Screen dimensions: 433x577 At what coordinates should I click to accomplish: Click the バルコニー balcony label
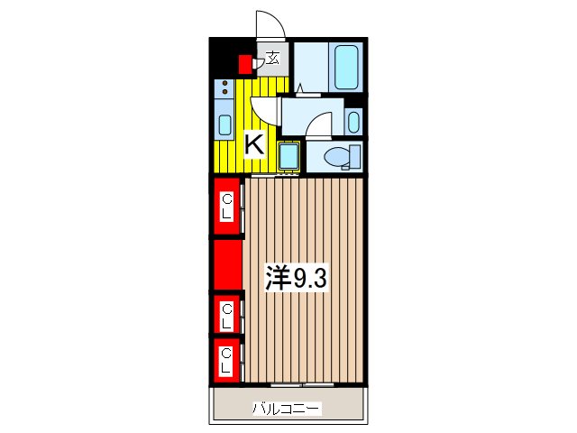click(286, 410)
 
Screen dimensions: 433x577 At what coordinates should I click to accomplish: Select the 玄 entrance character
click(271, 60)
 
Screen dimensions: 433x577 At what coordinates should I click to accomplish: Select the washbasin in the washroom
click(353, 121)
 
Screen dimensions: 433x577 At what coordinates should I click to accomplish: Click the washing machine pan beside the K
click(289, 156)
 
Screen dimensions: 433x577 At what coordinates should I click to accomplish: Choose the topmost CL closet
click(227, 207)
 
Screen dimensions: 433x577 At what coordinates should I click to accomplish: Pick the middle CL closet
click(227, 315)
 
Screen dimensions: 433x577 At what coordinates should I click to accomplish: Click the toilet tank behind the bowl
click(356, 158)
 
